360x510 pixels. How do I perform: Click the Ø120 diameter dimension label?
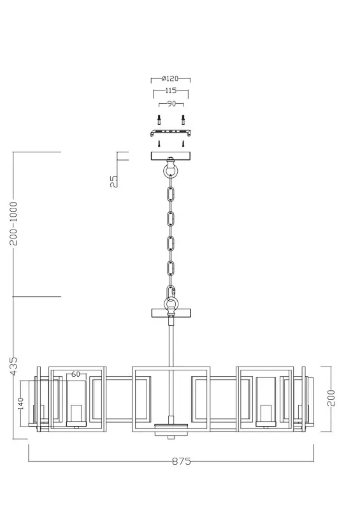point(170,78)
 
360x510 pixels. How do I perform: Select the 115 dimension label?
point(171,91)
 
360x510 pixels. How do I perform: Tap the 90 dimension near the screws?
point(171,104)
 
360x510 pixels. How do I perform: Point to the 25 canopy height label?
point(114,182)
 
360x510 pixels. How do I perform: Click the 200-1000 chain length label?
point(13,224)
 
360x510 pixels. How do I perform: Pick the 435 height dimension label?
point(13,366)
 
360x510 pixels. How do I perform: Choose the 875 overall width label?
point(182,461)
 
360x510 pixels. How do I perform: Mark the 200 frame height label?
point(331,398)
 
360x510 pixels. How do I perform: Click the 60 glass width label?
point(75,374)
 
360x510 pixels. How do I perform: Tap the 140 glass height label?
point(21,404)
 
